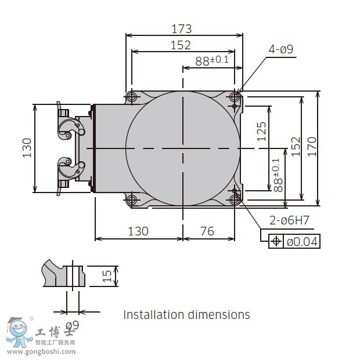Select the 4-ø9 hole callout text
click(280, 49)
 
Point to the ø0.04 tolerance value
click(302, 241)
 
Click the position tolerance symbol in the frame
click(276, 241)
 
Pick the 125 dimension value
click(261, 132)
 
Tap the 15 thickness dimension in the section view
click(107, 276)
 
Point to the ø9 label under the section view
click(73, 325)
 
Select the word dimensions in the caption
click(218, 315)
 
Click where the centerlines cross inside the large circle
click(183, 148)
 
